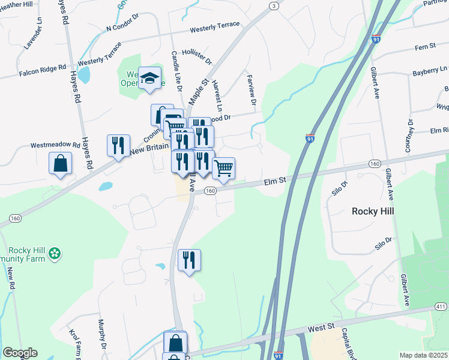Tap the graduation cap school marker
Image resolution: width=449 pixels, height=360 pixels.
[x=149, y=78]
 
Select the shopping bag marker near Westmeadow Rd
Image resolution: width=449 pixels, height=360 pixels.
[x=60, y=163]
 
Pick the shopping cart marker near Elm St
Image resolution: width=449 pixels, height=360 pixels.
[x=223, y=169]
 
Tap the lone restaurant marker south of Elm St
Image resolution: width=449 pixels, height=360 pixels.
[x=189, y=260]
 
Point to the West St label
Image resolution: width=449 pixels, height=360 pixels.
[x=321, y=328]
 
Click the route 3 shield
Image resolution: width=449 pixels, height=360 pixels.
[x=274, y=6]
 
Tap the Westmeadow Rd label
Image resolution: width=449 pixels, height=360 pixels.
[x=55, y=145]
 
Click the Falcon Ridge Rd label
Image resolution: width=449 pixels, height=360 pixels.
[x=42, y=71]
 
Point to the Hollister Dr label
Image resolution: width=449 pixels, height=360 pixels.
[x=197, y=57]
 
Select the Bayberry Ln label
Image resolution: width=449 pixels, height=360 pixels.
[x=430, y=73]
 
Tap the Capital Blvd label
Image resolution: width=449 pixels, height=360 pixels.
[x=349, y=339]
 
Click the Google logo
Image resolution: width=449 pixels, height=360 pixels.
[x=20, y=353]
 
